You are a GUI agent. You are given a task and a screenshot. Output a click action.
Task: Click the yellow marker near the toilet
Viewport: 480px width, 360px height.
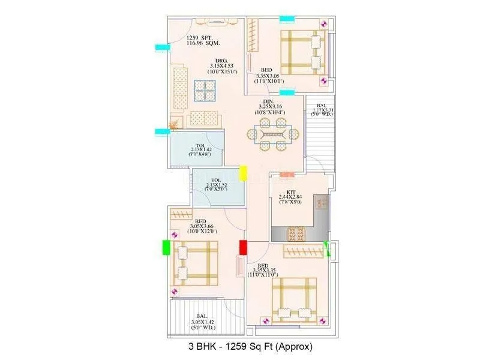(x=244, y=173)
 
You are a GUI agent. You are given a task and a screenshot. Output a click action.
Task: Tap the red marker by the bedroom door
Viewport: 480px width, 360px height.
(x=244, y=247)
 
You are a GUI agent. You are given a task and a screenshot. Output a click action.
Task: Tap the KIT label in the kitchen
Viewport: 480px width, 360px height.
(x=291, y=193)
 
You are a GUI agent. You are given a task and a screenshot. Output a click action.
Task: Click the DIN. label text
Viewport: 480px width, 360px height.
(x=269, y=101)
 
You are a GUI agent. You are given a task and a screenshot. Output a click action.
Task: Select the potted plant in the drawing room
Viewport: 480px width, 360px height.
(x=173, y=125)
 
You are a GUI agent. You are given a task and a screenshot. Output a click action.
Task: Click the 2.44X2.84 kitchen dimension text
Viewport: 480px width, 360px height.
(x=292, y=198)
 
